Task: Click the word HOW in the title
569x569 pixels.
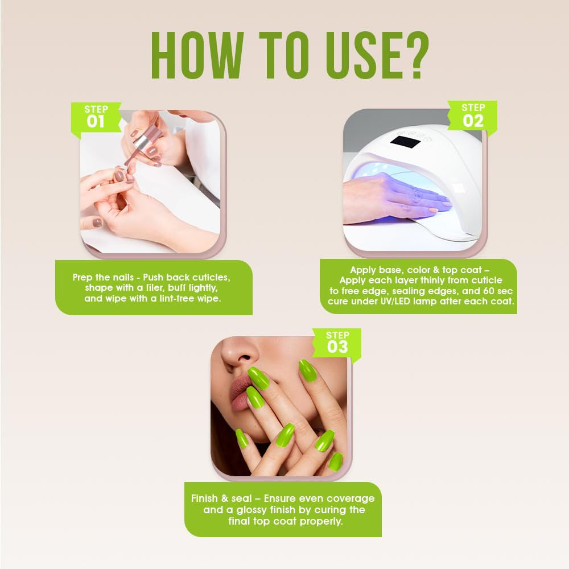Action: click(197, 55)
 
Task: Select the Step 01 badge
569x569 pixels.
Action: click(96, 117)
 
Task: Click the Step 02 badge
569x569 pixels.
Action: click(472, 116)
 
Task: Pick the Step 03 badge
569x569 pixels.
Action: click(337, 343)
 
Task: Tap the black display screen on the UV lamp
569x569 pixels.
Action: click(405, 142)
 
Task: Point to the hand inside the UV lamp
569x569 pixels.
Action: click(395, 198)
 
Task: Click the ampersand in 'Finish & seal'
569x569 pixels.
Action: click(225, 498)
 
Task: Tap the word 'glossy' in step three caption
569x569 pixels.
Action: click(253, 510)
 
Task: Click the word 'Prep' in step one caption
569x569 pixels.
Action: click(83, 278)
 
